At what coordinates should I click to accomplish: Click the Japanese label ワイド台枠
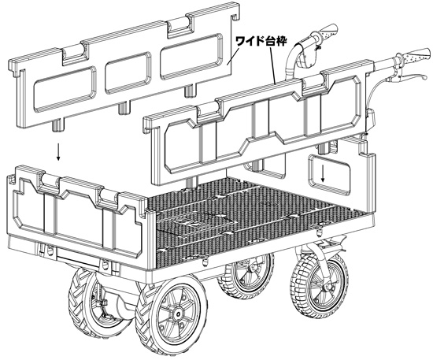[x=261, y=41]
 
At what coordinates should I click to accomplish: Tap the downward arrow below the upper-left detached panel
[x=58, y=151]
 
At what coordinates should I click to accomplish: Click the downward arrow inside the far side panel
[x=323, y=173]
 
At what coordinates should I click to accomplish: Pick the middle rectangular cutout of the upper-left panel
[x=128, y=73]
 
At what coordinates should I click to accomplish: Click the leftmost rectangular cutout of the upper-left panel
[x=65, y=89]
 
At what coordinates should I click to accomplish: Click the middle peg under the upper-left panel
[x=124, y=108]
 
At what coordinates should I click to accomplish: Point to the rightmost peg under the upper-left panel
[x=190, y=91]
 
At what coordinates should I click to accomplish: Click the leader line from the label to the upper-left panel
[x=233, y=55]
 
